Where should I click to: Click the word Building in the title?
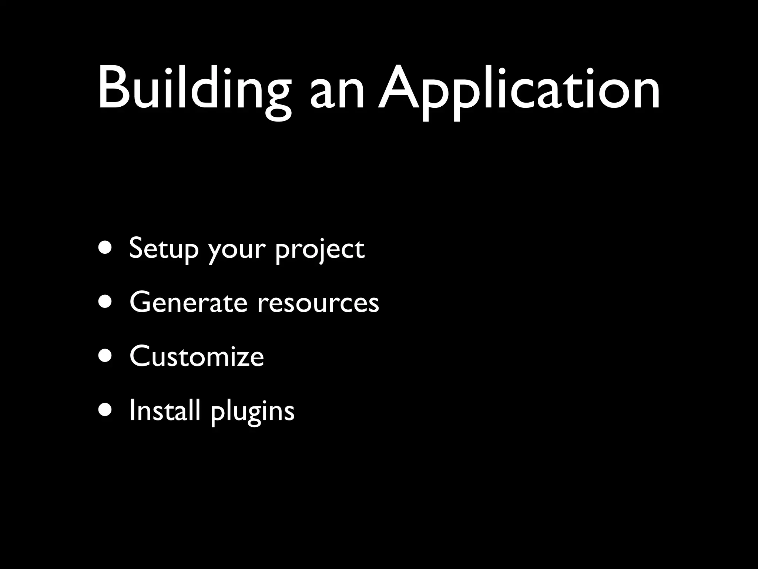pos(194,89)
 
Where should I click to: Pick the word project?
pos(320,251)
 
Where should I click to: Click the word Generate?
pos(188,302)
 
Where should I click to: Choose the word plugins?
pos(252,412)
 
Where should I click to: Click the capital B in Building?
pos(113,88)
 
